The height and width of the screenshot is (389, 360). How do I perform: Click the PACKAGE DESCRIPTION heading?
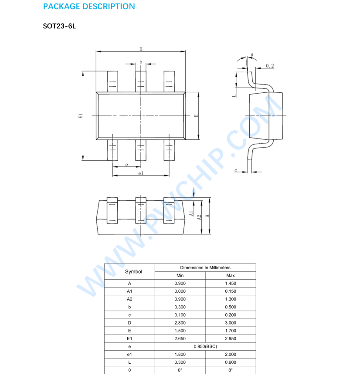click(89, 7)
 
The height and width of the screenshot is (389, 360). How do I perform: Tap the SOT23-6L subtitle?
click(59, 26)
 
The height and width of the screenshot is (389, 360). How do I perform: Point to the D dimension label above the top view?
click(141, 49)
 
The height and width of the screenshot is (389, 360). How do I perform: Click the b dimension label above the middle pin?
click(141, 62)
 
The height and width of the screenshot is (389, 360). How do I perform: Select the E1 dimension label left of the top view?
click(81, 116)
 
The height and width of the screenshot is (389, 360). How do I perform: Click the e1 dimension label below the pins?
click(141, 173)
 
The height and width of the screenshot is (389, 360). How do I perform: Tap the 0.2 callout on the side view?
click(270, 66)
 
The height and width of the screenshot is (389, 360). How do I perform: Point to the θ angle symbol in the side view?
click(252, 55)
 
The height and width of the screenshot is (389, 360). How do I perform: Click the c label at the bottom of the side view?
click(236, 170)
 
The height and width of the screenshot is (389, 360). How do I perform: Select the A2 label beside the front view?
click(199, 217)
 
